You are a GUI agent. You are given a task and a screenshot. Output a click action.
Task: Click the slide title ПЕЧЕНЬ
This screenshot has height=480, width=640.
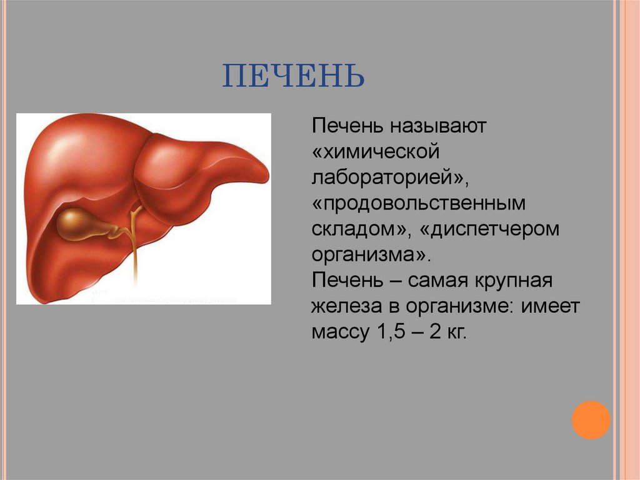pyautogui.click(x=294, y=76)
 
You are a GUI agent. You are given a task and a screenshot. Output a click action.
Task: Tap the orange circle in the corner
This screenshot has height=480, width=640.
pyautogui.click(x=590, y=420)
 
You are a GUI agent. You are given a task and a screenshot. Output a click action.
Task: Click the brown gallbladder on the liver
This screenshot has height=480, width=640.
pyautogui.click(x=78, y=223)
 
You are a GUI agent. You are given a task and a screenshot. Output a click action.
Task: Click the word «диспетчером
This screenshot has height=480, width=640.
pyautogui.click(x=489, y=230)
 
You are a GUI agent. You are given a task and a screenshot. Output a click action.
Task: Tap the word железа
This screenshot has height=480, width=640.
pyautogui.click(x=350, y=307)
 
